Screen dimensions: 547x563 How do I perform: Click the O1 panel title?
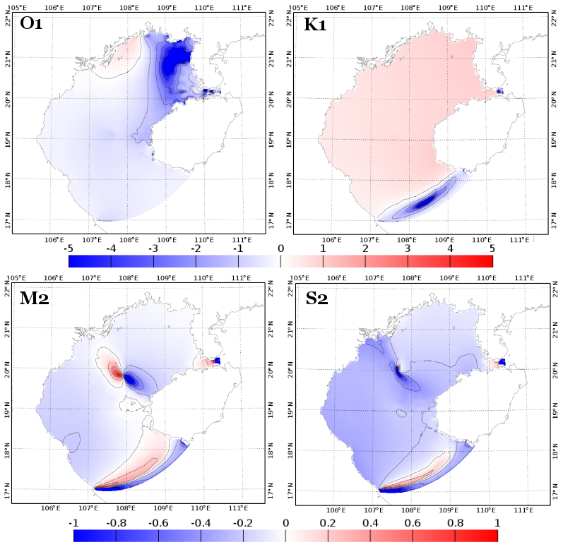(x=31, y=23)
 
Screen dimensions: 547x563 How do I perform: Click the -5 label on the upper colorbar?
(x=69, y=248)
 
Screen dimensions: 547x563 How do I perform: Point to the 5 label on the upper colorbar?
(x=491, y=248)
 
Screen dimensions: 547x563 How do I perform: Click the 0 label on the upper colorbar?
(x=280, y=248)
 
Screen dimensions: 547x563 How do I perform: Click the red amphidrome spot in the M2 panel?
(x=116, y=372)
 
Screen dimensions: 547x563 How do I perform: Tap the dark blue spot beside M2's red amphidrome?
(x=131, y=380)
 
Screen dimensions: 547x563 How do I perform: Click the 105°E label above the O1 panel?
(x=16, y=6)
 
